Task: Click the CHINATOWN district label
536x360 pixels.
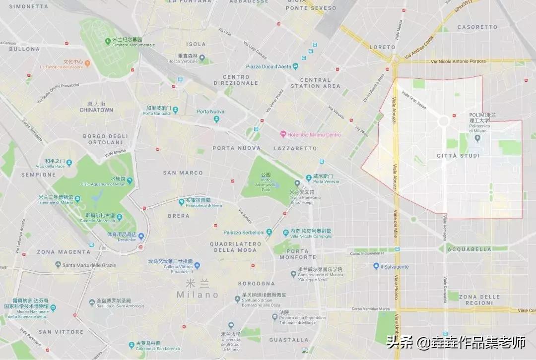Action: (96, 110)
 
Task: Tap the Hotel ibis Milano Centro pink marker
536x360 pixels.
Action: (283, 134)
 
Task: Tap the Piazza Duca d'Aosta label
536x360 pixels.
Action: (268, 66)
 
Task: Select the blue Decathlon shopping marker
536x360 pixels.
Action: (141, 237)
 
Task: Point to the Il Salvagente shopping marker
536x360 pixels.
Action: (376, 266)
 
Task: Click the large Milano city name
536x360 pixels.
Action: (198, 295)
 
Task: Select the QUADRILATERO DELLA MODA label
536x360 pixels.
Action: (235, 247)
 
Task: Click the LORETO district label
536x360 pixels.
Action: (383, 47)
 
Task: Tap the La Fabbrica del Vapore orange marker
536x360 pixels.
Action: (88, 63)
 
